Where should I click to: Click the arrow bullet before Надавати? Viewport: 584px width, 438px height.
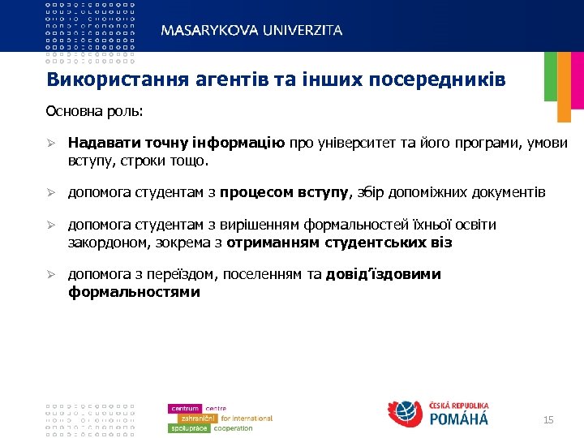pos(49,144)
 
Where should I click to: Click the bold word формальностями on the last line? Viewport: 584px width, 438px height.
pos(134,291)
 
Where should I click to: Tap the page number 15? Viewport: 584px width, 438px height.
pos(548,419)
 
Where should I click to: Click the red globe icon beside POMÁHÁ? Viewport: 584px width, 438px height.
pos(406,414)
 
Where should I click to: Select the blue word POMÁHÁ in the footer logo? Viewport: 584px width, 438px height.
pos(458,419)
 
